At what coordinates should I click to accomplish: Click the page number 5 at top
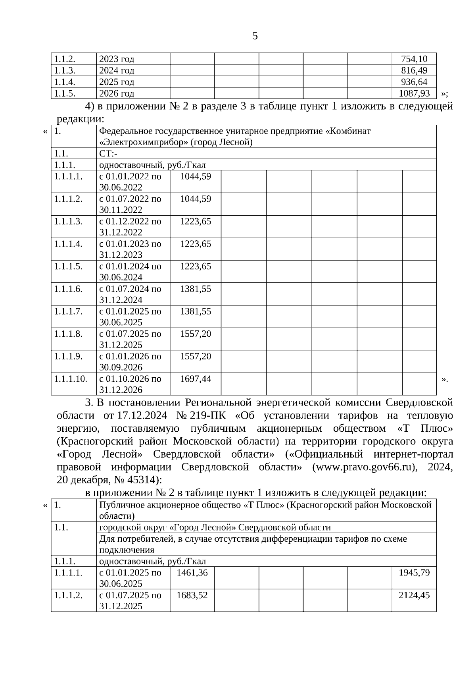tap(255, 36)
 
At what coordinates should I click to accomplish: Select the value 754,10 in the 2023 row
tap(414, 59)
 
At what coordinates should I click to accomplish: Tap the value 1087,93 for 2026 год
tap(414, 94)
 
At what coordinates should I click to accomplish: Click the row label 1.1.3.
tap(65, 71)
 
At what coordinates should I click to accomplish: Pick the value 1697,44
tap(196, 379)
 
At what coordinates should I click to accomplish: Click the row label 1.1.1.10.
tap(71, 379)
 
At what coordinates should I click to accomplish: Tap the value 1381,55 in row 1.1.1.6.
tap(196, 289)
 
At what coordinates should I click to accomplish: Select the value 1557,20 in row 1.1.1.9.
tap(196, 356)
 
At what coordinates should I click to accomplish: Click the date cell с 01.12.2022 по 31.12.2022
tap(130, 227)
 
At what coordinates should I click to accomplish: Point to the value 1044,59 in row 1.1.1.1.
tap(196, 176)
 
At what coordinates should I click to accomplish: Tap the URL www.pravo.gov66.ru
tap(365, 467)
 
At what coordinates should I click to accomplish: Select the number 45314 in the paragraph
tap(142, 480)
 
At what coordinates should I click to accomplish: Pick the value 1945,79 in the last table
tap(414, 573)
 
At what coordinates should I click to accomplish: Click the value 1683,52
tap(192, 595)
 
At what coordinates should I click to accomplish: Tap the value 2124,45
tap(414, 595)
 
